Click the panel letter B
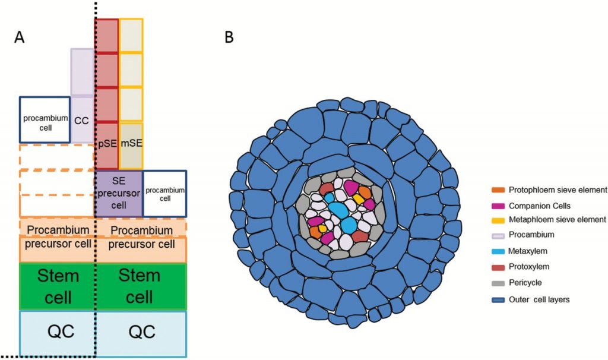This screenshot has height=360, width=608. tap(229, 37)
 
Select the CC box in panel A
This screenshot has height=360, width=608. tap(81, 119)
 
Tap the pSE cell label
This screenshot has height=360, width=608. tap(107, 143)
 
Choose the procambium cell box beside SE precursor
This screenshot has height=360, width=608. tap(164, 194)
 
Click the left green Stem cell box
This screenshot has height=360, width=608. tap(58, 286)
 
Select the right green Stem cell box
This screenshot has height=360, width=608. tap(141, 286)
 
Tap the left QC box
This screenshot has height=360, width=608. tap(58, 332)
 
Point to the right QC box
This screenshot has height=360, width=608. tap(141, 332)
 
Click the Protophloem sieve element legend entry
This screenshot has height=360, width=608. tap(550, 190)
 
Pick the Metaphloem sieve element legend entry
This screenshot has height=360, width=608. tap(550, 220)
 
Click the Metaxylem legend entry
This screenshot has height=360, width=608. tap(525, 252)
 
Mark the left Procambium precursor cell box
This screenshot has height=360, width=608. tap(58, 238)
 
